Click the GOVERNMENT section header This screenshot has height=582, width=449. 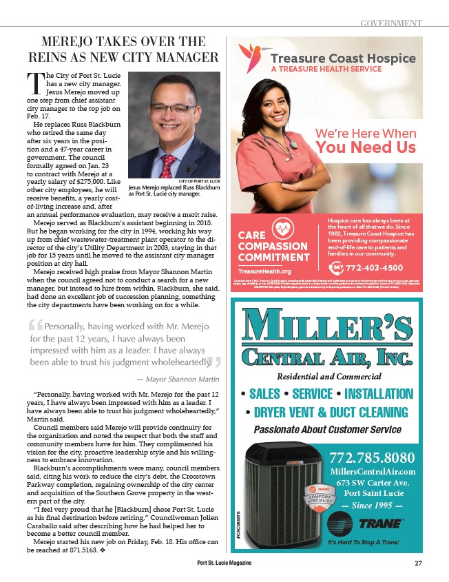(391, 24)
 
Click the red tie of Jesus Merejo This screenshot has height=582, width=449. (167, 164)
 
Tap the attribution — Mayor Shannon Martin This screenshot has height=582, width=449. (177, 380)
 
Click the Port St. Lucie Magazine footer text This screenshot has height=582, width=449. (224, 563)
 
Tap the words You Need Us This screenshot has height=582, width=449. (365, 147)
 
